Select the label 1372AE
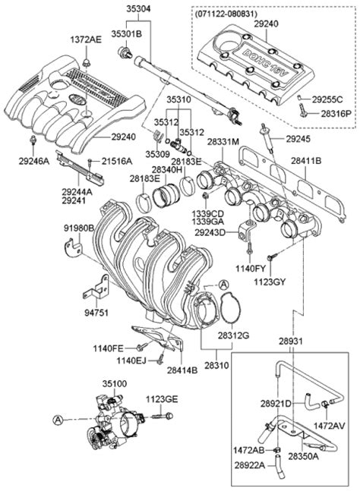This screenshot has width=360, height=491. point(86,39)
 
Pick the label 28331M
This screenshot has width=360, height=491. point(223,142)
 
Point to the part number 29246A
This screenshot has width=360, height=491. point(34,160)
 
